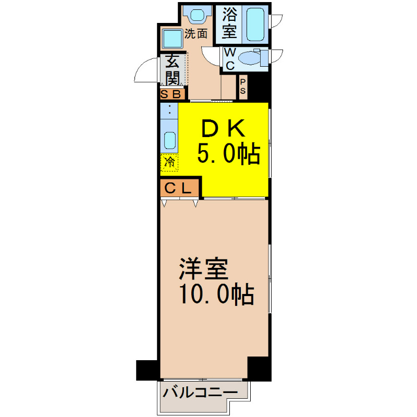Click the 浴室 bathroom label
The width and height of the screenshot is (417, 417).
(x=229, y=23)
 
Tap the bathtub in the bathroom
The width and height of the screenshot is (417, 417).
(x=255, y=24)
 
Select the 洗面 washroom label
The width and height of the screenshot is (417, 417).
(x=196, y=34)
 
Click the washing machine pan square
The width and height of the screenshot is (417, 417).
(x=172, y=39)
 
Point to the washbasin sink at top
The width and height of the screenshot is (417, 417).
(x=197, y=15)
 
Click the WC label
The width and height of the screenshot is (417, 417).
(x=230, y=59)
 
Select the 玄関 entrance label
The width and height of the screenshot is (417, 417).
(x=173, y=70)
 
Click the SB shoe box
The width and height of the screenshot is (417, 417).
(x=172, y=94)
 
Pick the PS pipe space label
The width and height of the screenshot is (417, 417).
(x=242, y=87)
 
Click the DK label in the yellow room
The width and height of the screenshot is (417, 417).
(x=223, y=128)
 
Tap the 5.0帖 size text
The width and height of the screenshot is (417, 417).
(x=228, y=153)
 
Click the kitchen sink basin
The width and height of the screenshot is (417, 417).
(x=170, y=140)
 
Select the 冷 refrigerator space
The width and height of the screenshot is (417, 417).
(x=169, y=162)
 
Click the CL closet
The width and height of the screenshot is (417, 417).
(x=179, y=188)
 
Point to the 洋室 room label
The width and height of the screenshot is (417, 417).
(x=204, y=269)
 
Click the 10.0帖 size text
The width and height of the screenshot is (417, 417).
(x=217, y=295)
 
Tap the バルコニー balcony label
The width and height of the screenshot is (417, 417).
(x=200, y=393)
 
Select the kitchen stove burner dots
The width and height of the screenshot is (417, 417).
(x=169, y=109)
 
